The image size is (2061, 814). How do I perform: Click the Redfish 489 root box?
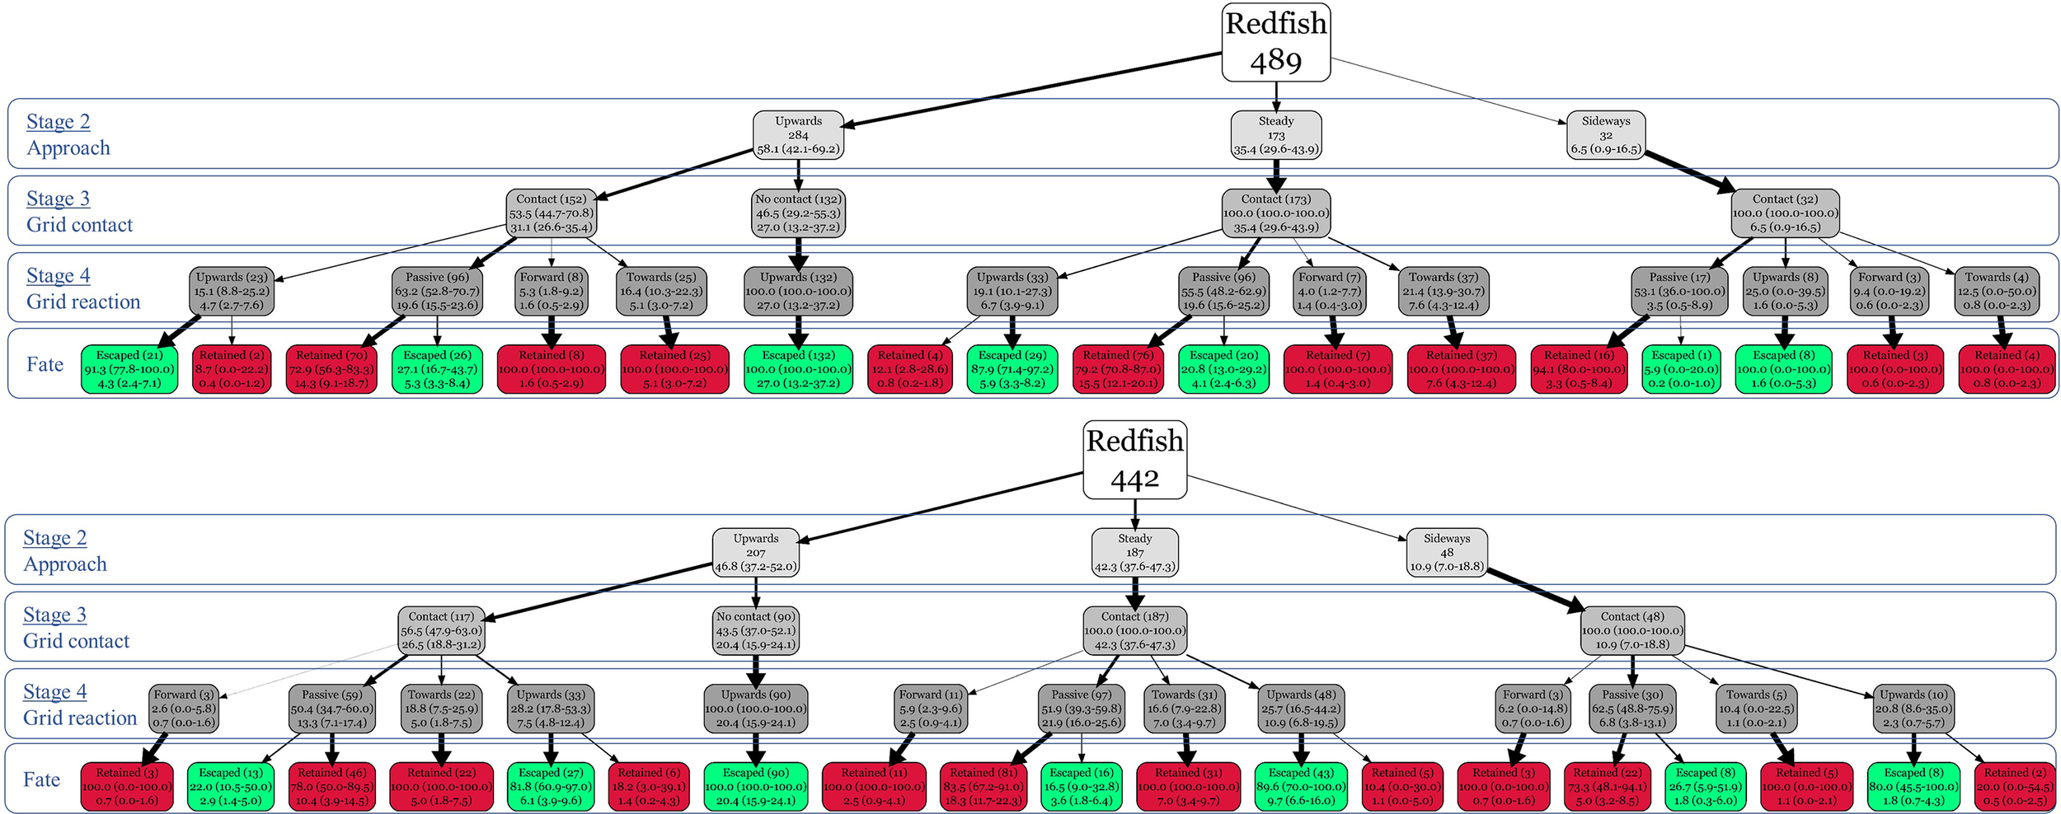(1275, 42)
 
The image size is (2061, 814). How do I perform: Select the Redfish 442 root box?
(1134, 460)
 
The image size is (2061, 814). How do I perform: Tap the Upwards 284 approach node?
(798, 135)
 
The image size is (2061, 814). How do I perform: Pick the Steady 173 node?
(1275, 135)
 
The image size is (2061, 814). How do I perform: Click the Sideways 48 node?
(1446, 552)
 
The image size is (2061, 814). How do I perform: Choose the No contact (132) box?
(798, 213)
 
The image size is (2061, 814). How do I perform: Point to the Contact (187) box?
(1134, 630)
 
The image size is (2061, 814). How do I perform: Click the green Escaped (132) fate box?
(798, 369)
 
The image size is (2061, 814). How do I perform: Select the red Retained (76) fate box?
(1118, 369)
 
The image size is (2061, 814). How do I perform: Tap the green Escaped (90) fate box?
(755, 786)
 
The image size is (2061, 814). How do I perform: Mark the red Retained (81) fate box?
(986, 786)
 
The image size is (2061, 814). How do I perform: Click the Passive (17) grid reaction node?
(1678, 291)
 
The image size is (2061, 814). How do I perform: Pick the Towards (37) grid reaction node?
(1443, 291)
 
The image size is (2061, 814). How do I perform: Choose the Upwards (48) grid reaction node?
(1301, 709)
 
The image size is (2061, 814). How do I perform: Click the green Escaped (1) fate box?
(1680, 369)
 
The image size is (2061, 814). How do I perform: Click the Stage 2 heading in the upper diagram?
(58, 122)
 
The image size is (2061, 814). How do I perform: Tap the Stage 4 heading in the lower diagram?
(54, 692)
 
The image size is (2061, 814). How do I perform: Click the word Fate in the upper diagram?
(45, 364)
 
